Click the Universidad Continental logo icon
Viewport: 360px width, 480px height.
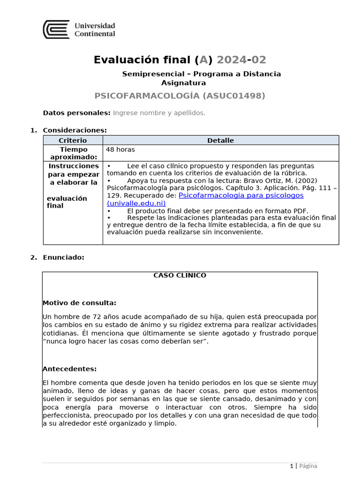pos(56,30)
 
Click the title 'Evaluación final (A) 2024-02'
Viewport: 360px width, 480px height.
pos(180,60)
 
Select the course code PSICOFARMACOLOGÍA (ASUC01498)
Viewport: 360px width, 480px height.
pos(180,96)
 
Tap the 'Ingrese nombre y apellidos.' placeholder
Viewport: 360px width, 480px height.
pos(159,112)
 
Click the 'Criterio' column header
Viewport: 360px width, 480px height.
pos(73,140)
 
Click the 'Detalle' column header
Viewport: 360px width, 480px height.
pos(220,140)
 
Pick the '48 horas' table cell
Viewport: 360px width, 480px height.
pos(120,150)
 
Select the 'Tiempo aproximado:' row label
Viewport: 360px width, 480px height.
pos(73,153)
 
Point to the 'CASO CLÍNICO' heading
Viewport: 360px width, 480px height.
pos(180,276)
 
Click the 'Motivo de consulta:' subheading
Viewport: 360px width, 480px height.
pos(79,303)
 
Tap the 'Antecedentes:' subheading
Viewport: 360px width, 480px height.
pos(69,369)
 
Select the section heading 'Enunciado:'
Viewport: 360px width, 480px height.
pos(63,257)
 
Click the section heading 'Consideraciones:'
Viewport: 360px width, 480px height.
pos(75,130)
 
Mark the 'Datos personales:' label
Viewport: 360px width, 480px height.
pos(76,112)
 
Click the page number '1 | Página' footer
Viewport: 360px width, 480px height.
pos(303,466)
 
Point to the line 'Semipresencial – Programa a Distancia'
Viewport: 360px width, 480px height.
pos(202,74)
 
